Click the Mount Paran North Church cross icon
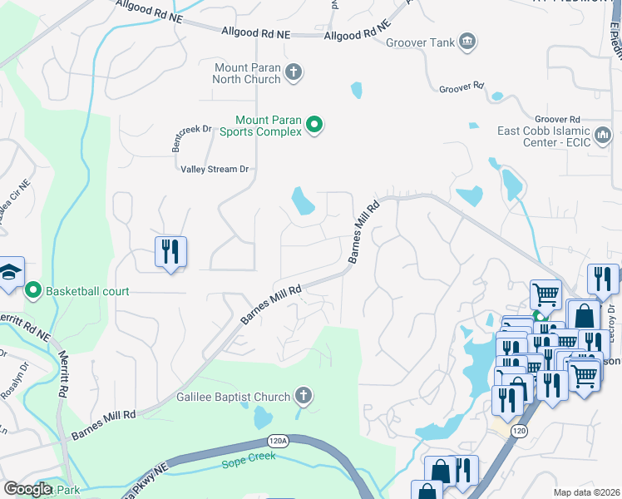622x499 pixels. tap(293, 72)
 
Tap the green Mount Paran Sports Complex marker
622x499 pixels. tap(314, 126)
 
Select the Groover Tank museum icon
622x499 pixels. tap(467, 42)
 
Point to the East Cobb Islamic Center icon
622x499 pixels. tap(604, 133)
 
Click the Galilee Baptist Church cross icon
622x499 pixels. tap(304, 397)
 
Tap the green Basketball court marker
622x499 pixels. tap(33, 291)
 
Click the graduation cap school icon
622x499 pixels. tap(10, 272)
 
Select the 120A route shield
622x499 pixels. tap(279, 442)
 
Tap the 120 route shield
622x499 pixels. tap(520, 431)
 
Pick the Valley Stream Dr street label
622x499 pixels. tap(215, 169)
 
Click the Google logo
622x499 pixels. tap(27, 488)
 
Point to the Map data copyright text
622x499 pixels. tap(586, 492)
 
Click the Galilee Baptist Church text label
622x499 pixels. tap(233, 397)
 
